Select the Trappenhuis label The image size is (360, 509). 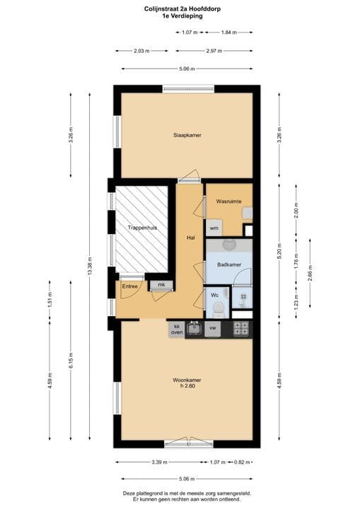pyautogui.click(x=142, y=228)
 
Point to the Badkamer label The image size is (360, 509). pyautogui.click(x=230, y=264)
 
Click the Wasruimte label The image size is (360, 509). pyautogui.click(x=229, y=201)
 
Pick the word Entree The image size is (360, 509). pyautogui.click(x=130, y=286)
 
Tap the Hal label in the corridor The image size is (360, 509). pyautogui.click(x=190, y=238)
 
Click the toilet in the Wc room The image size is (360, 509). pyautogui.click(x=219, y=307)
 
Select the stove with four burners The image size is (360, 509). pyautogui.click(x=240, y=329)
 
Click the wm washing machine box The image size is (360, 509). pyautogui.click(x=214, y=228)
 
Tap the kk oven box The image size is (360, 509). pyautogui.click(x=176, y=329)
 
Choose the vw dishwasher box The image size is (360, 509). pyautogui.click(x=212, y=329)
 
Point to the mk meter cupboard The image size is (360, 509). pyautogui.click(x=161, y=285)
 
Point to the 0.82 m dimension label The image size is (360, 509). pyautogui.click(x=242, y=462)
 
